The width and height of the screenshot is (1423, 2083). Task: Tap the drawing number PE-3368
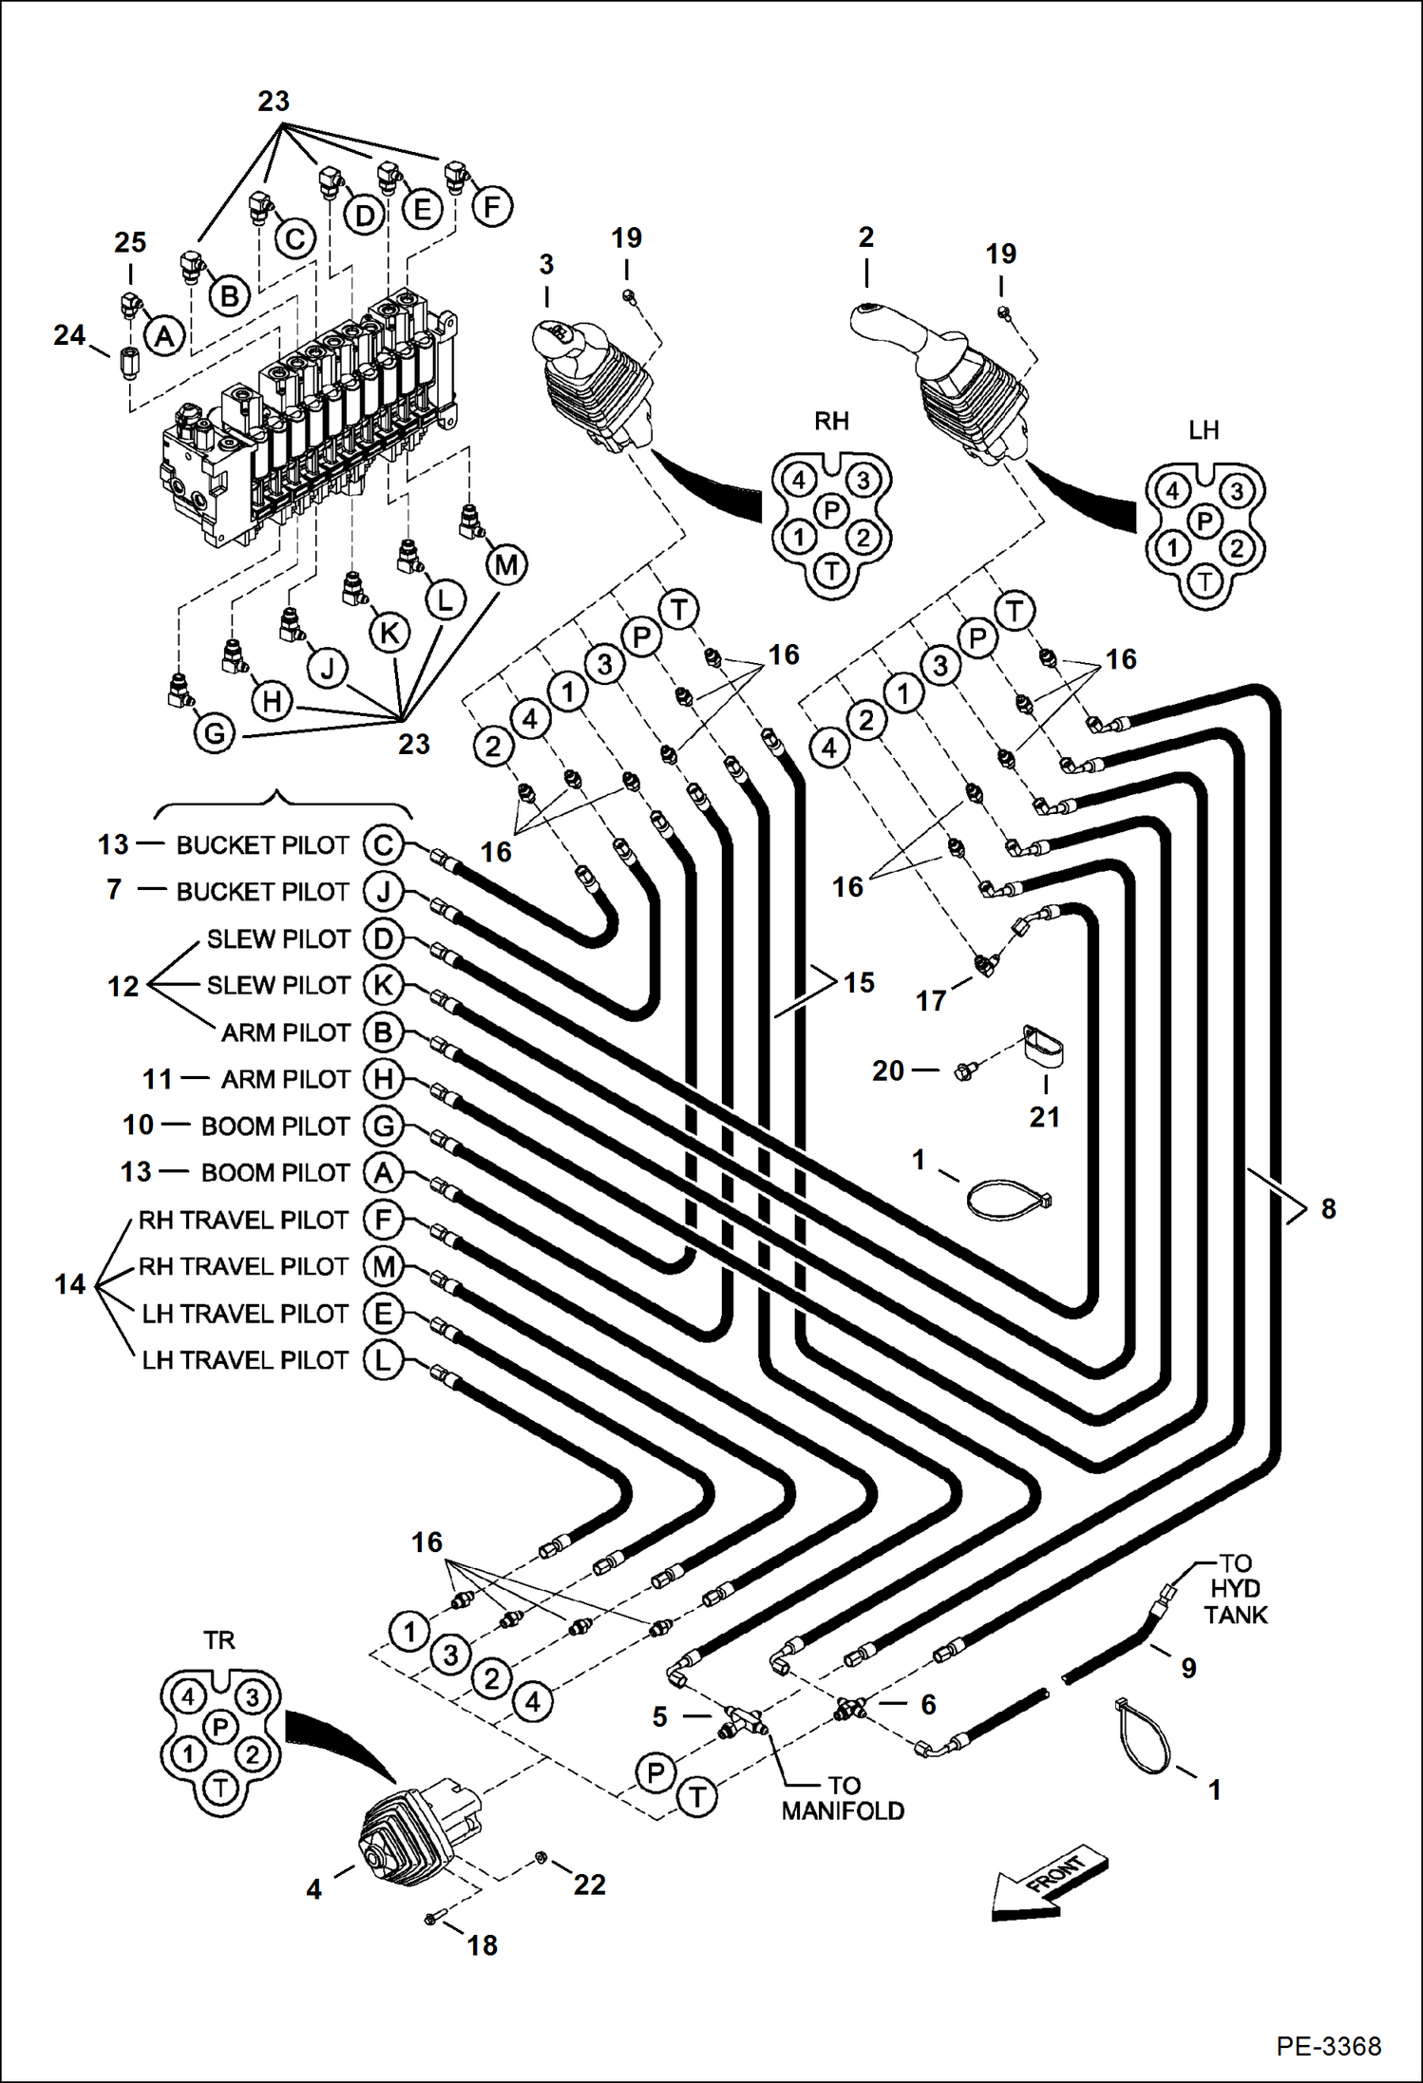pos(1328,2045)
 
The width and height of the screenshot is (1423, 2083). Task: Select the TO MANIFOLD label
pos(843,1798)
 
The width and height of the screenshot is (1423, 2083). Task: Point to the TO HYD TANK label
pos(1235,1588)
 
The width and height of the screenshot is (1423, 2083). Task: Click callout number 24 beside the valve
pos(69,335)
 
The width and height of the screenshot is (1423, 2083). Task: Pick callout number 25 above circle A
pos(130,243)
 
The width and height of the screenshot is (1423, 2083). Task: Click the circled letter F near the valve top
pos(491,206)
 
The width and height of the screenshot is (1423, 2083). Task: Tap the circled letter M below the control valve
pos(505,565)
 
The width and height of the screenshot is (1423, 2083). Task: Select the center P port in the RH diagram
pos(831,511)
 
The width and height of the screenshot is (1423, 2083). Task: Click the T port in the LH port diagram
pos(1205,580)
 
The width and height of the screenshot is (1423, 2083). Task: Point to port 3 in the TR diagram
pos(252,1697)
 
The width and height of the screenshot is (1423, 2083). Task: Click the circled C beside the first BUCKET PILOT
pos(383,844)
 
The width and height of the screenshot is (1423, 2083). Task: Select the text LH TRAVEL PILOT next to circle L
pos(245,1360)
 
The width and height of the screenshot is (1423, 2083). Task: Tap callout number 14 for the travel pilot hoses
pos(69,1284)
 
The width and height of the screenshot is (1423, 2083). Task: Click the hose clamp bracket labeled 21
pos(1042,1047)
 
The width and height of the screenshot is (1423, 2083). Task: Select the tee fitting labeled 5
pos(744,1717)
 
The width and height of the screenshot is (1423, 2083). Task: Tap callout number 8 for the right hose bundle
pos(1327,1208)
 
